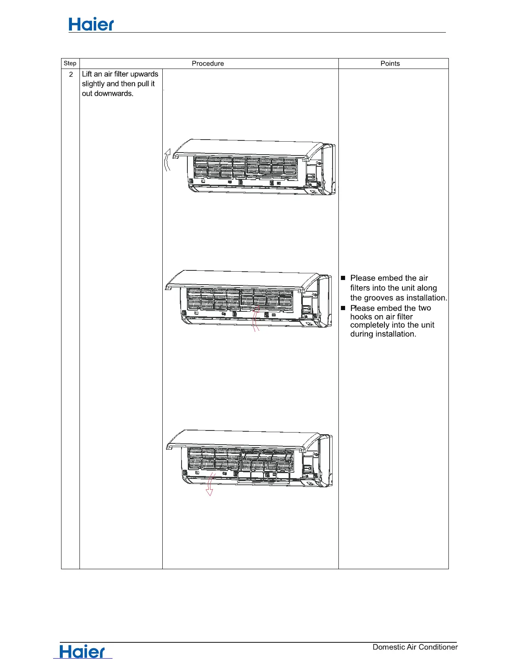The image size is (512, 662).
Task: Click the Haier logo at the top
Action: (91, 25)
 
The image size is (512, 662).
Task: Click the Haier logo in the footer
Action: (82, 652)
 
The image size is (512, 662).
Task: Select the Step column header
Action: (70, 64)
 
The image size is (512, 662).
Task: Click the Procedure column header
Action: (207, 64)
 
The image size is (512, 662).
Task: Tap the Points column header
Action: (390, 64)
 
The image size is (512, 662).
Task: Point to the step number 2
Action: (71, 74)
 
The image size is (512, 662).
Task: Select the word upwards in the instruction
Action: (144, 74)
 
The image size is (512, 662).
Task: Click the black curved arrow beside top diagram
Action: (167, 160)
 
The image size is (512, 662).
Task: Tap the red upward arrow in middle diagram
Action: (256, 319)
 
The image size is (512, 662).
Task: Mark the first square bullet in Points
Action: (343, 278)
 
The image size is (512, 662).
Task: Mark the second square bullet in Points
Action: (343, 308)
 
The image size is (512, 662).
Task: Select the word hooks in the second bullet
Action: (361, 317)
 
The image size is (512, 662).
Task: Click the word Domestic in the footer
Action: (389, 647)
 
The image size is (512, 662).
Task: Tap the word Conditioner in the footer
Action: (438, 647)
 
